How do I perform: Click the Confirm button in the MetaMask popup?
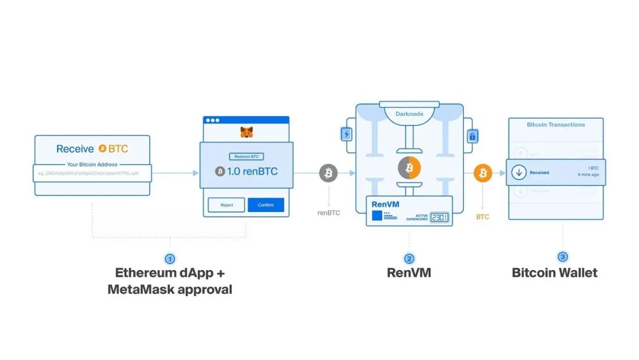pos(266,205)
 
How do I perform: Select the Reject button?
pos(227,205)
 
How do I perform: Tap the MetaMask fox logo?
pos(246,133)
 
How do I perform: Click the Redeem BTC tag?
pos(246,157)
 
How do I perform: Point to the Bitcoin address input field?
pos(92,173)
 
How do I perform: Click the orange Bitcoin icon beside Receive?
pos(102,149)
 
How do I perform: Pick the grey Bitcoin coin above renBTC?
pos(328,173)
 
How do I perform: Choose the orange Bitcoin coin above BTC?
pos(483,173)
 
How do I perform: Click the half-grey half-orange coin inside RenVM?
pos(409,168)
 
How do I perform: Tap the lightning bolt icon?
pos(347,134)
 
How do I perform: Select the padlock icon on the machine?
pos(472,137)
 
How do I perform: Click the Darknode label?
pos(409,113)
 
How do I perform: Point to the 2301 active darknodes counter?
pos(439,217)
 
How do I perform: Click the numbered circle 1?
pos(170,259)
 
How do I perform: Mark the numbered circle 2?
pos(409,259)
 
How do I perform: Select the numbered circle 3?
pos(563,257)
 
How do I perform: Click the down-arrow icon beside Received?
pos(519,172)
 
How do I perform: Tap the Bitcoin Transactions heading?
pos(556,125)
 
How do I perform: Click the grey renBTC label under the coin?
pos(328,213)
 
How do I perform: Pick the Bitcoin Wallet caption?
pos(554,273)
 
